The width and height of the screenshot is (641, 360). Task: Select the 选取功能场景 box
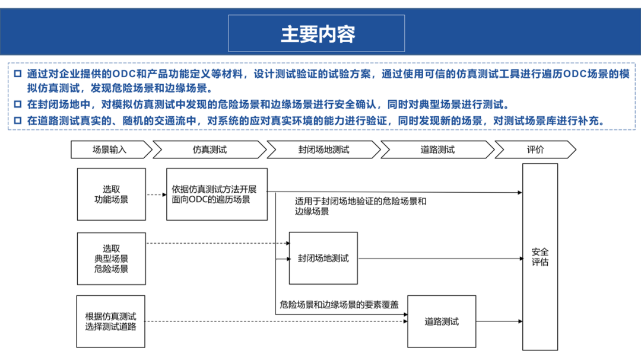[x=111, y=195]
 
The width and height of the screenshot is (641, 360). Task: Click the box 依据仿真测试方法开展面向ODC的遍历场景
[x=216, y=195]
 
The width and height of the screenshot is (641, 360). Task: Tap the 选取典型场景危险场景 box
[x=111, y=259]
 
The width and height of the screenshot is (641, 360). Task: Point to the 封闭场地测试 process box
[x=323, y=259]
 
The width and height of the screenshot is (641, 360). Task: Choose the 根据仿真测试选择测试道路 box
[x=111, y=321]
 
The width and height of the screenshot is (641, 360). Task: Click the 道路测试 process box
[x=442, y=321]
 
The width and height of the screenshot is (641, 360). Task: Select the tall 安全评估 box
[x=540, y=257]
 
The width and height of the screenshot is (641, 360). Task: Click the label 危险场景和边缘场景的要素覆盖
[x=339, y=305]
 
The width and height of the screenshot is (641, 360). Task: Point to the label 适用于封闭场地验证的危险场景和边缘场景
[x=360, y=206]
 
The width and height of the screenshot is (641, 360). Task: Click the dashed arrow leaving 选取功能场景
[x=156, y=195]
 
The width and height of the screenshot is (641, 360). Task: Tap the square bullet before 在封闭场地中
[x=17, y=106]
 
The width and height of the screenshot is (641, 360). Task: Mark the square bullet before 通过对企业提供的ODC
[x=17, y=74]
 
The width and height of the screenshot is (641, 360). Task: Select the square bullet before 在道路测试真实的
[x=17, y=121]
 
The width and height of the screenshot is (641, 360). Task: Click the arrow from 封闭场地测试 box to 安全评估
[x=439, y=259]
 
